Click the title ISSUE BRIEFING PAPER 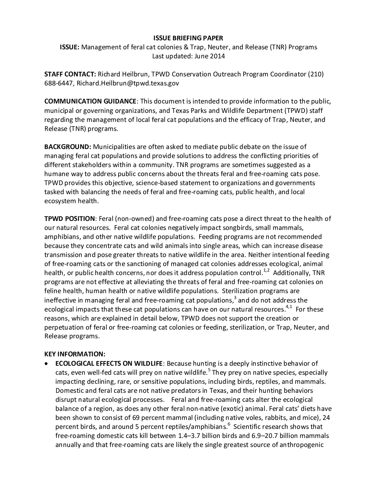tap(188, 38)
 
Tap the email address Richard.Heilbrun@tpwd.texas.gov tap(128, 83)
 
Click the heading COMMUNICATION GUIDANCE tap(90, 101)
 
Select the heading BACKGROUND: tap(68, 147)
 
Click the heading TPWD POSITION tap(69, 218)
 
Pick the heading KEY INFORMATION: tap(75, 354)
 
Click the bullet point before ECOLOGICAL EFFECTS tap(46, 364)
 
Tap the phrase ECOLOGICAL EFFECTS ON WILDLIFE tap(109, 363)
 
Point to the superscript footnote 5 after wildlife tap(209, 370)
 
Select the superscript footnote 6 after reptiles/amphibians tap(229, 424)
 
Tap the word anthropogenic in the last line tap(301, 445)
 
